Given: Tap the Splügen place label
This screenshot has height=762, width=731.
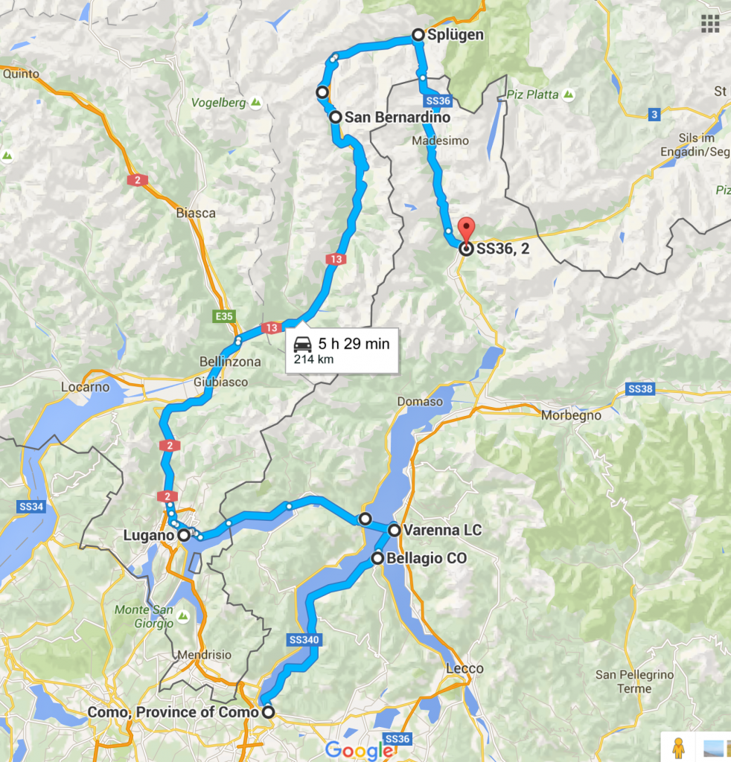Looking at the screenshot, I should coord(456,34).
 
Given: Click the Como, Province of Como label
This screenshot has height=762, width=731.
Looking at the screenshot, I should coord(173,712).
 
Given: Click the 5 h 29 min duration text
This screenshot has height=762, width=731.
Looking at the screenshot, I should coord(354,344).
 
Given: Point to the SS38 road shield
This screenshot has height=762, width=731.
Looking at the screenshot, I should coord(640,388).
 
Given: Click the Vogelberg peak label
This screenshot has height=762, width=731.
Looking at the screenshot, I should coord(219,103).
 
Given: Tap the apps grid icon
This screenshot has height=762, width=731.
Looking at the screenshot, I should coord(709,23).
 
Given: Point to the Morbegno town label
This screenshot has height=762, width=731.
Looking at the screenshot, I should coord(572,415).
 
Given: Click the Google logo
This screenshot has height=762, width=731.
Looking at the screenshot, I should coord(358,750).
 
